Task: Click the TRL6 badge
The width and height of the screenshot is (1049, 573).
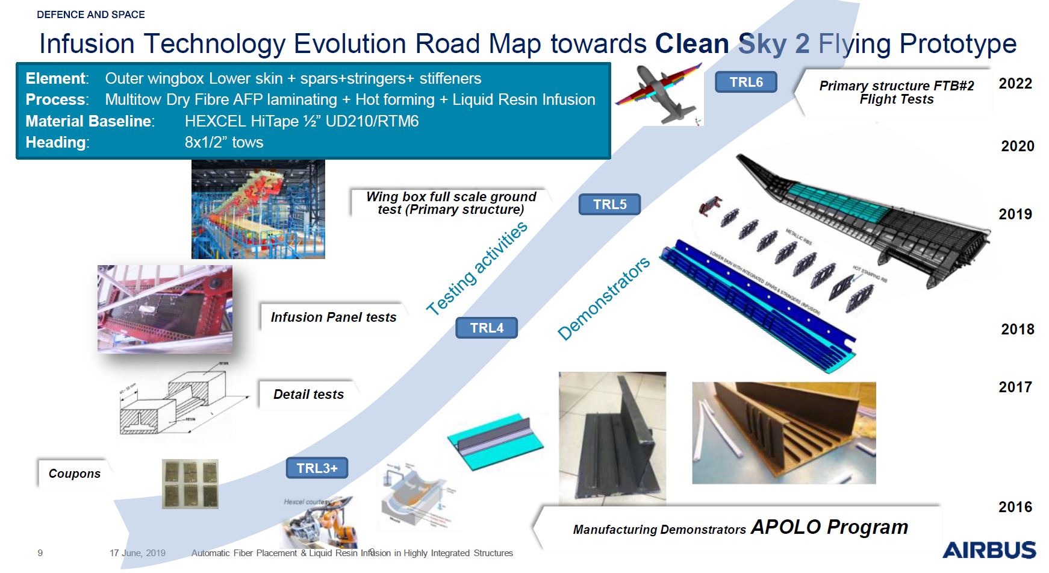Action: click(x=746, y=82)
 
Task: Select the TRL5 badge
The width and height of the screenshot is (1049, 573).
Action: click(x=609, y=204)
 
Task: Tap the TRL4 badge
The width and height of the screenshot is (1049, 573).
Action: click(x=486, y=328)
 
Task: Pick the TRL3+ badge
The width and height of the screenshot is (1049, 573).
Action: click(x=317, y=468)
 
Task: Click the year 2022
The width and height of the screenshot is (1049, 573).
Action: click(x=1015, y=84)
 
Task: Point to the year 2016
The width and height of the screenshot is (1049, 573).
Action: click(x=1015, y=507)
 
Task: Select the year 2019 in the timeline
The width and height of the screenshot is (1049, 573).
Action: click(x=1015, y=214)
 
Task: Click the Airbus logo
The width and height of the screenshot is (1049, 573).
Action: click(x=989, y=550)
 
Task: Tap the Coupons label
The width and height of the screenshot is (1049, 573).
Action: click(x=75, y=474)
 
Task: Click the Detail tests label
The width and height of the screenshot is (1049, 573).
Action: click(x=308, y=395)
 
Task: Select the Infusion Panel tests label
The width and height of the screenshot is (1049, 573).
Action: click(x=333, y=318)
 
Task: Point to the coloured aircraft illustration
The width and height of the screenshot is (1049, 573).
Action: click(x=659, y=93)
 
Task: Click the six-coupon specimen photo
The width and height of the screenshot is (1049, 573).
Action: click(x=190, y=484)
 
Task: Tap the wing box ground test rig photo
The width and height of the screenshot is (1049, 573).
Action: click(x=258, y=209)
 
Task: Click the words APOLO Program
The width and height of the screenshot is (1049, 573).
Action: click(x=829, y=527)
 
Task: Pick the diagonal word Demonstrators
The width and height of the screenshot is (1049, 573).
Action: click(x=603, y=298)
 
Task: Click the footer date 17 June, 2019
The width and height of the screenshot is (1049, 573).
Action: click(x=137, y=553)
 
